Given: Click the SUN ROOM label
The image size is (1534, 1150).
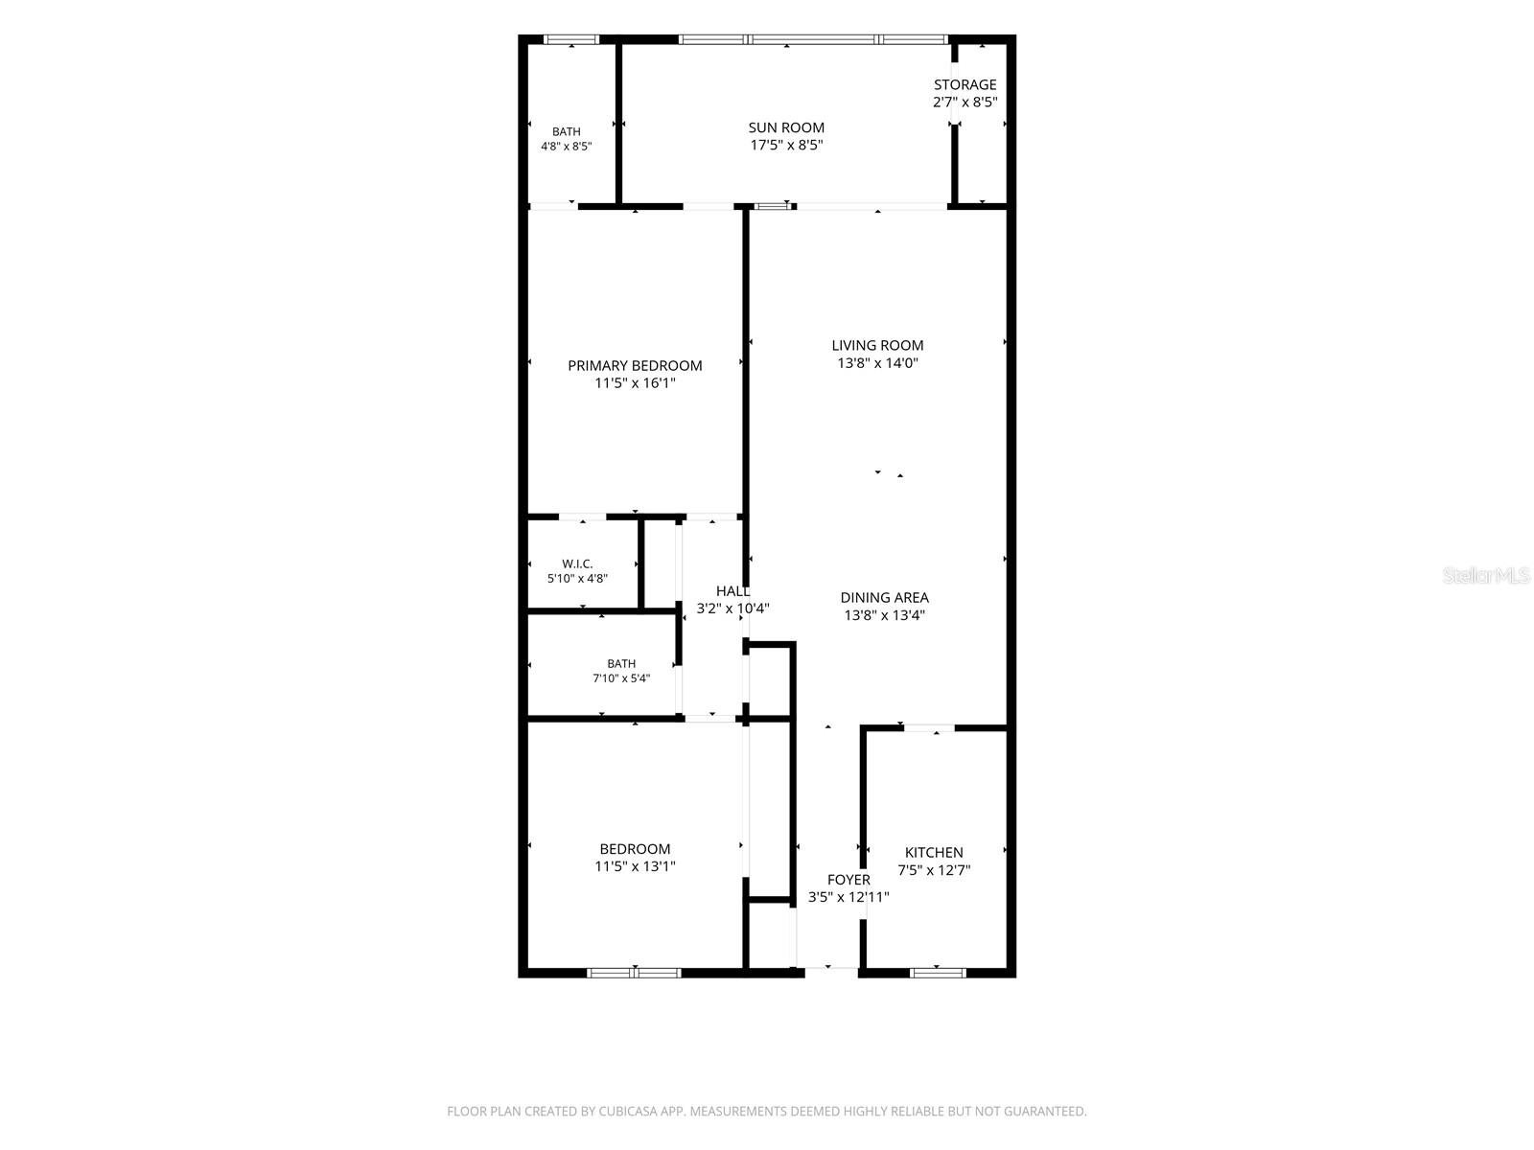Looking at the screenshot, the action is pyautogui.click(x=785, y=127).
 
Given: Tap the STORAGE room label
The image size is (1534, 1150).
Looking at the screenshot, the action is pyautogui.click(x=965, y=84).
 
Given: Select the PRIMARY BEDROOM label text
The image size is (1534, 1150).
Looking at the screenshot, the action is pyautogui.click(x=635, y=365).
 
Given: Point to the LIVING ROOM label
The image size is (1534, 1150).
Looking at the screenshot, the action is pyautogui.click(x=877, y=345).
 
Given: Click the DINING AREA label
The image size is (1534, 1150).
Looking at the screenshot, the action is pyautogui.click(x=884, y=597).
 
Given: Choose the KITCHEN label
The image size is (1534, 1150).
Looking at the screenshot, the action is pyautogui.click(x=934, y=852).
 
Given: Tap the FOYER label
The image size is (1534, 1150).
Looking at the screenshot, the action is pyautogui.click(x=848, y=879).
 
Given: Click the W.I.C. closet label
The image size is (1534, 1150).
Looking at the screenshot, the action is pyautogui.click(x=577, y=563).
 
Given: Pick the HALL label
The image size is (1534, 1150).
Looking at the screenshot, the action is pyautogui.click(x=732, y=591).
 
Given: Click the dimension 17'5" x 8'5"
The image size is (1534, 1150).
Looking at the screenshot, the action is pyautogui.click(x=786, y=146).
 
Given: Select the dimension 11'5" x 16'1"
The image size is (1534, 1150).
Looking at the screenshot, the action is pyautogui.click(x=635, y=382).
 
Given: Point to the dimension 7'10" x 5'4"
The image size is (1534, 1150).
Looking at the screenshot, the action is pyautogui.click(x=621, y=678).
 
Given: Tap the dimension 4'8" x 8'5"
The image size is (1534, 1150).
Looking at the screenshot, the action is pyautogui.click(x=566, y=146).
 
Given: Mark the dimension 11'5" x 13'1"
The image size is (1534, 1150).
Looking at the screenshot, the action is pyautogui.click(x=635, y=865).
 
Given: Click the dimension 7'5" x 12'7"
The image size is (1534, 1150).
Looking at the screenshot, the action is pyautogui.click(x=934, y=870).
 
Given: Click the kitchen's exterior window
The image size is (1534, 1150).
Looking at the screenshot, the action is pyautogui.click(x=937, y=973).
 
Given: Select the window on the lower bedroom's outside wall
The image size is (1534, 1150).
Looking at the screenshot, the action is pyautogui.click(x=634, y=973).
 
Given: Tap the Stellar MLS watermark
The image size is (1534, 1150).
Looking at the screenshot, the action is pyautogui.click(x=1485, y=575).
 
